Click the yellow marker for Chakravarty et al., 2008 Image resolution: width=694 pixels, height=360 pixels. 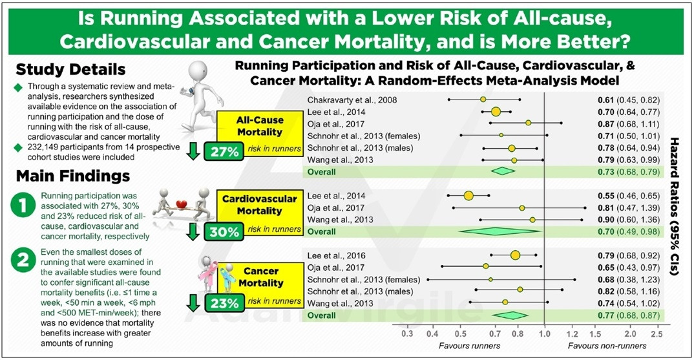pos(483,100)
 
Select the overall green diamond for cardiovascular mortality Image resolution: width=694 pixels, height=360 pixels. pos(501,231)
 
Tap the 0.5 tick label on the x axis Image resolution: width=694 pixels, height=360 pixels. pos(461,335)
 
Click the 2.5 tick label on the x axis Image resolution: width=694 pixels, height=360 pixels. pos(657,335)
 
